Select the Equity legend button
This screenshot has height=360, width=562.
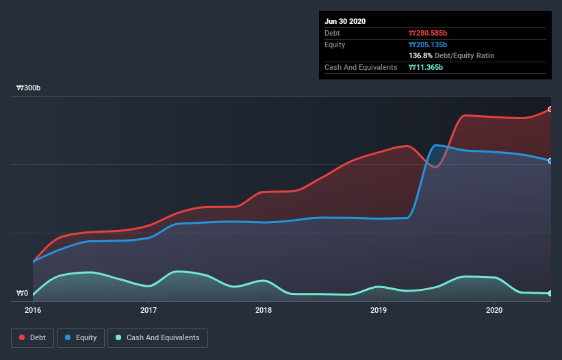click(x=81, y=337)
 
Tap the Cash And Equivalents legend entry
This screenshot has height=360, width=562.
click(x=157, y=337)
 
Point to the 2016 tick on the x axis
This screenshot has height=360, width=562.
click(x=32, y=310)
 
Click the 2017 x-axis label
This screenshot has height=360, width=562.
click(x=148, y=310)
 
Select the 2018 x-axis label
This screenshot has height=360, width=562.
click(x=263, y=310)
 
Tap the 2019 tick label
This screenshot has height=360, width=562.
click(x=379, y=310)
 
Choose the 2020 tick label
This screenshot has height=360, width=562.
click(x=494, y=310)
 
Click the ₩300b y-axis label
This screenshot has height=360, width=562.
click(x=29, y=88)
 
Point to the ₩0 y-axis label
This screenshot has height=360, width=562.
click(x=23, y=294)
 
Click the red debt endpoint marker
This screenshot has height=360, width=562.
click(x=550, y=110)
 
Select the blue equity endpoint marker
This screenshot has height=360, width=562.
click(x=550, y=161)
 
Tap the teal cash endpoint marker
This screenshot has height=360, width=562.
click(x=550, y=294)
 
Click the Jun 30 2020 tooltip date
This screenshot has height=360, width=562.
click(x=345, y=21)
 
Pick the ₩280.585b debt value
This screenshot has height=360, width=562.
click(x=428, y=33)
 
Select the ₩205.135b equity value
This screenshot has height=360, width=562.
click(x=428, y=44)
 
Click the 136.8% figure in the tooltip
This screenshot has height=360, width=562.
click(x=420, y=55)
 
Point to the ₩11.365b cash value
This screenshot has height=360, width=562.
click(x=426, y=67)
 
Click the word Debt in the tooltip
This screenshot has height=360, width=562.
click(x=332, y=33)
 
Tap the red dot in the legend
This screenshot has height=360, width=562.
click(x=23, y=337)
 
